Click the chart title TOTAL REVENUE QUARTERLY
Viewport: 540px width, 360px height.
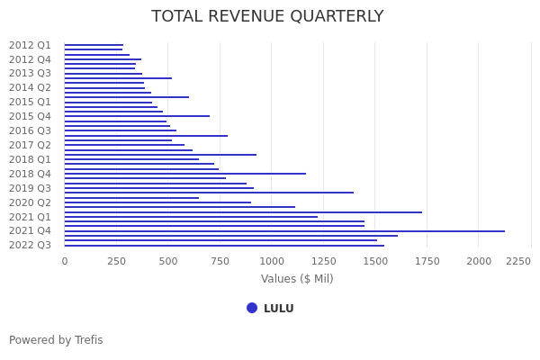(x=267, y=17)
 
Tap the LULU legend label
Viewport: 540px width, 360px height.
(x=278, y=309)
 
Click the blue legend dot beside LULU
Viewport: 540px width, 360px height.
(x=252, y=308)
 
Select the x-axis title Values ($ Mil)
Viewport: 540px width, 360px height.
(x=297, y=279)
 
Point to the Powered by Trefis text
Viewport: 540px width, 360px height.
(x=56, y=340)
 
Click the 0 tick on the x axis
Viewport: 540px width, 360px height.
(x=64, y=261)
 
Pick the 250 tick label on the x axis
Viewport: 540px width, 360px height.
(x=116, y=261)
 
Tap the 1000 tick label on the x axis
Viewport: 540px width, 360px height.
(x=272, y=261)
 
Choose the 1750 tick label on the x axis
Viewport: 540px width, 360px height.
(x=427, y=261)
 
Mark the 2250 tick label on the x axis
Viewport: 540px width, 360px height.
(x=517, y=261)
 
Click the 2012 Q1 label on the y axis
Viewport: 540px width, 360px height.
(x=30, y=45)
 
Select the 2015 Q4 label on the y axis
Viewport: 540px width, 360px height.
(x=30, y=116)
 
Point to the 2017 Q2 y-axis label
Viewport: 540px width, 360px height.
(x=30, y=145)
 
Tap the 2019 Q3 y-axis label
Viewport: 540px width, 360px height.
(x=30, y=188)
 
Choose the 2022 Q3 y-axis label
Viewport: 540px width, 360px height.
(x=30, y=245)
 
